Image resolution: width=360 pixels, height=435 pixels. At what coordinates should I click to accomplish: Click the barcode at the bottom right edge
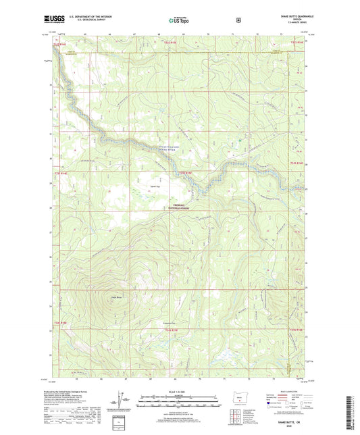pos(353,409)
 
